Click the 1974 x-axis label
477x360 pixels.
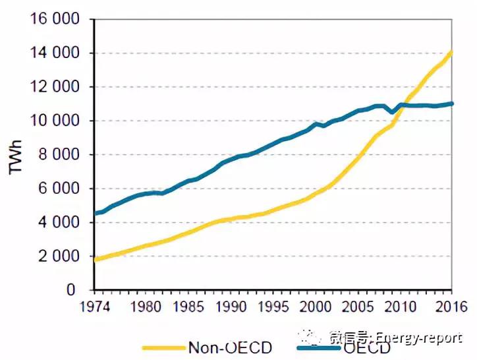tap(96, 307)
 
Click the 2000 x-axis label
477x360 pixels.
tap(316, 307)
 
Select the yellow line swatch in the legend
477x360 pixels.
tap(165, 347)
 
